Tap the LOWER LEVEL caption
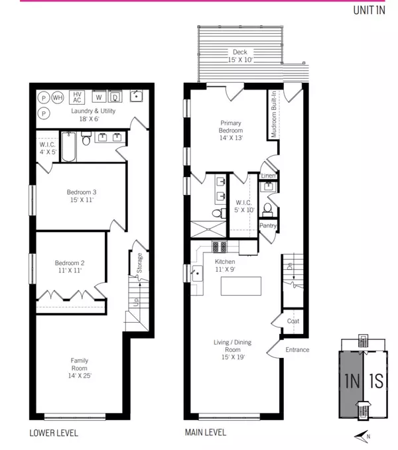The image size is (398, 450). [54, 433]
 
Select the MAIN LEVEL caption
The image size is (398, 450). [205, 433]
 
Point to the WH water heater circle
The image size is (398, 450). [58, 97]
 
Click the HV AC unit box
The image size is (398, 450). [78, 97]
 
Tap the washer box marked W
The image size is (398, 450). [98, 97]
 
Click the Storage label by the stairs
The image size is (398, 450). [140, 262]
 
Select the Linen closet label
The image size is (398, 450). [268, 176]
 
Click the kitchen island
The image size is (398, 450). [241, 286]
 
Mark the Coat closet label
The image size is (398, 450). [293, 321]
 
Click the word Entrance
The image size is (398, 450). [297, 350]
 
